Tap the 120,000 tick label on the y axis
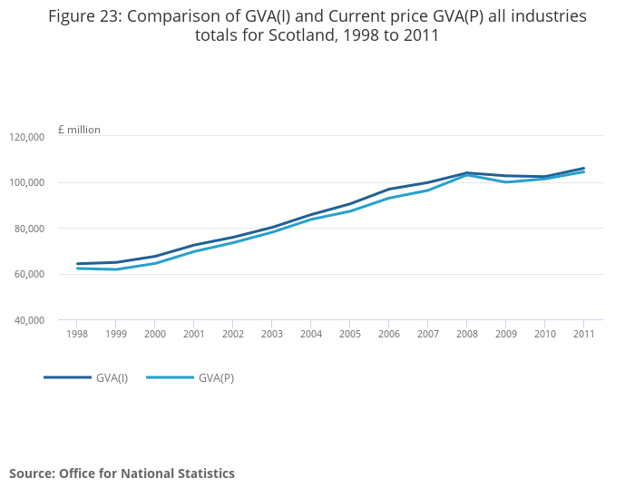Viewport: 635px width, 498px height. click(27, 137)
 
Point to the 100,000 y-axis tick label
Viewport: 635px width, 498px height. click(27, 182)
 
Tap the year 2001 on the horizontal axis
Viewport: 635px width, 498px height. click(193, 334)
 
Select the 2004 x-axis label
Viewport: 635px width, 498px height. click(310, 334)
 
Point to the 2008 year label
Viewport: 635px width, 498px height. click(466, 334)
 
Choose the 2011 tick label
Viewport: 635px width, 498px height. click(583, 334)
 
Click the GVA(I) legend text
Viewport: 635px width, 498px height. click(112, 378)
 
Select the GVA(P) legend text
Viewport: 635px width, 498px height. click(216, 378)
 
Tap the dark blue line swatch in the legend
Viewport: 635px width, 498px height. click(67, 377)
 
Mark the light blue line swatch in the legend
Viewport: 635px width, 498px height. click(170, 377)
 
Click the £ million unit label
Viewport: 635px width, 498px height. click(79, 130)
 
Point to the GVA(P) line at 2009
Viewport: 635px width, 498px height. click(505, 182)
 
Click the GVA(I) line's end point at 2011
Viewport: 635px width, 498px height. click(583, 168)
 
